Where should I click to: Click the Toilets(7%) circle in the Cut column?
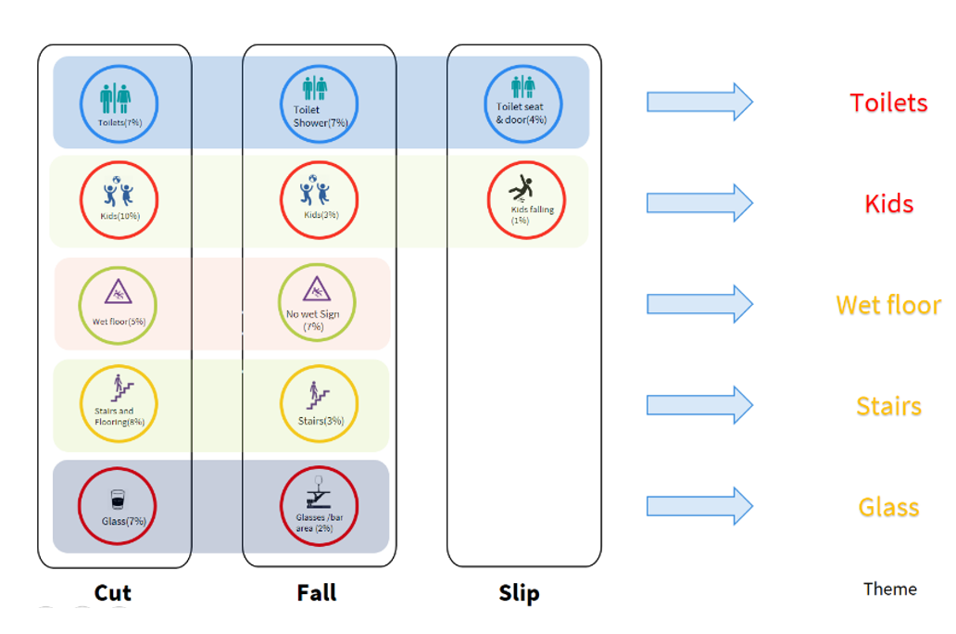(118, 104)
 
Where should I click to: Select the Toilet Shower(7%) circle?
(320, 104)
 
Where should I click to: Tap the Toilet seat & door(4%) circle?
(523, 104)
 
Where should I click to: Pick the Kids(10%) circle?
(118, 200)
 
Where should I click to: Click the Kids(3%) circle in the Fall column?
(320, 200)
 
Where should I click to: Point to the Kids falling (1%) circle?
(526, 200)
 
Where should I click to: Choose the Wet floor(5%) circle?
(118, 303)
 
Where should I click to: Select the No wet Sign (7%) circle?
(317, 303)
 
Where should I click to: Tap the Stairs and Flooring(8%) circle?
(118, 404)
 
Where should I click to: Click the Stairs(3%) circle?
(320, 404)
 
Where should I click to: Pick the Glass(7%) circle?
(118, 506)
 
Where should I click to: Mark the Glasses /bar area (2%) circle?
(320, 506)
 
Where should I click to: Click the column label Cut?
(113, 593)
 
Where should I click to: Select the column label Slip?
(519, 593)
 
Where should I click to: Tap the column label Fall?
(317, 593)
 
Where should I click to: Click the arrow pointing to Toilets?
(699, 102)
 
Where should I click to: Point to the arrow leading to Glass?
(699, 506)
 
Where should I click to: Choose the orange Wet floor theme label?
(887, 305)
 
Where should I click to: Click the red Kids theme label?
(888, 204)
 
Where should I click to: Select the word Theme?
(889, 589)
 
